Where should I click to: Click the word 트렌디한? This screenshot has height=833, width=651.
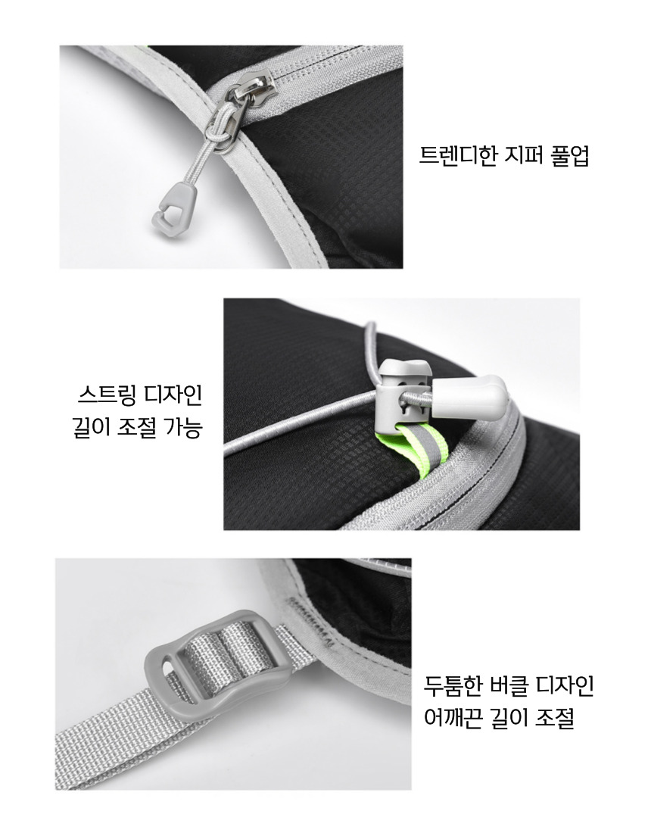[458, 155]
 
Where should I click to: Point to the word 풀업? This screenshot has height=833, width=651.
[571, 155]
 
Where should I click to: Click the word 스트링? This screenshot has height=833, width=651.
[103, 395]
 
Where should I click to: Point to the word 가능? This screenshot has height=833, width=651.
[184, 426]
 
